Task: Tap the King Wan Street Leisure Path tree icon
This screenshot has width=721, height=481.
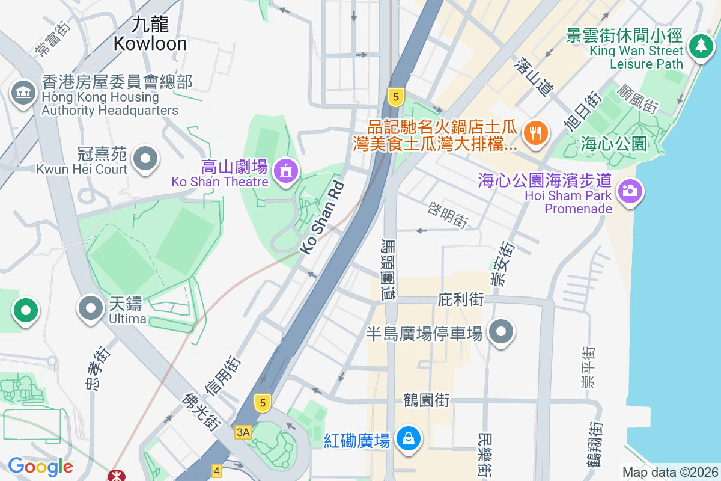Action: [700, 46]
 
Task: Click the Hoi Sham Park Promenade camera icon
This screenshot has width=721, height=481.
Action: [629, 192]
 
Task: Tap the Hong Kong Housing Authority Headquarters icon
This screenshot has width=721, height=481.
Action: [23, 93]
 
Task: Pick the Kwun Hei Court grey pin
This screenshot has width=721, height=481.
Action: [145, 159]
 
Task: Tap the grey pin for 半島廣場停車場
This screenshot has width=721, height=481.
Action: [501, 332]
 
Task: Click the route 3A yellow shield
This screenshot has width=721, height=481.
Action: [243, 432]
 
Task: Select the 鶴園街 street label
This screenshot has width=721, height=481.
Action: [427, 400]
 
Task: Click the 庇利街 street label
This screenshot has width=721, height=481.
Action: [461, 299]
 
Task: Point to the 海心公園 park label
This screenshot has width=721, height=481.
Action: [613, 144]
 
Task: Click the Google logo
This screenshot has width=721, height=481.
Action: [40, 466]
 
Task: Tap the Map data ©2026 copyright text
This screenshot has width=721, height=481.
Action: [669, 472]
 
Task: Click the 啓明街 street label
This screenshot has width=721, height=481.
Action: [448, 215]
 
